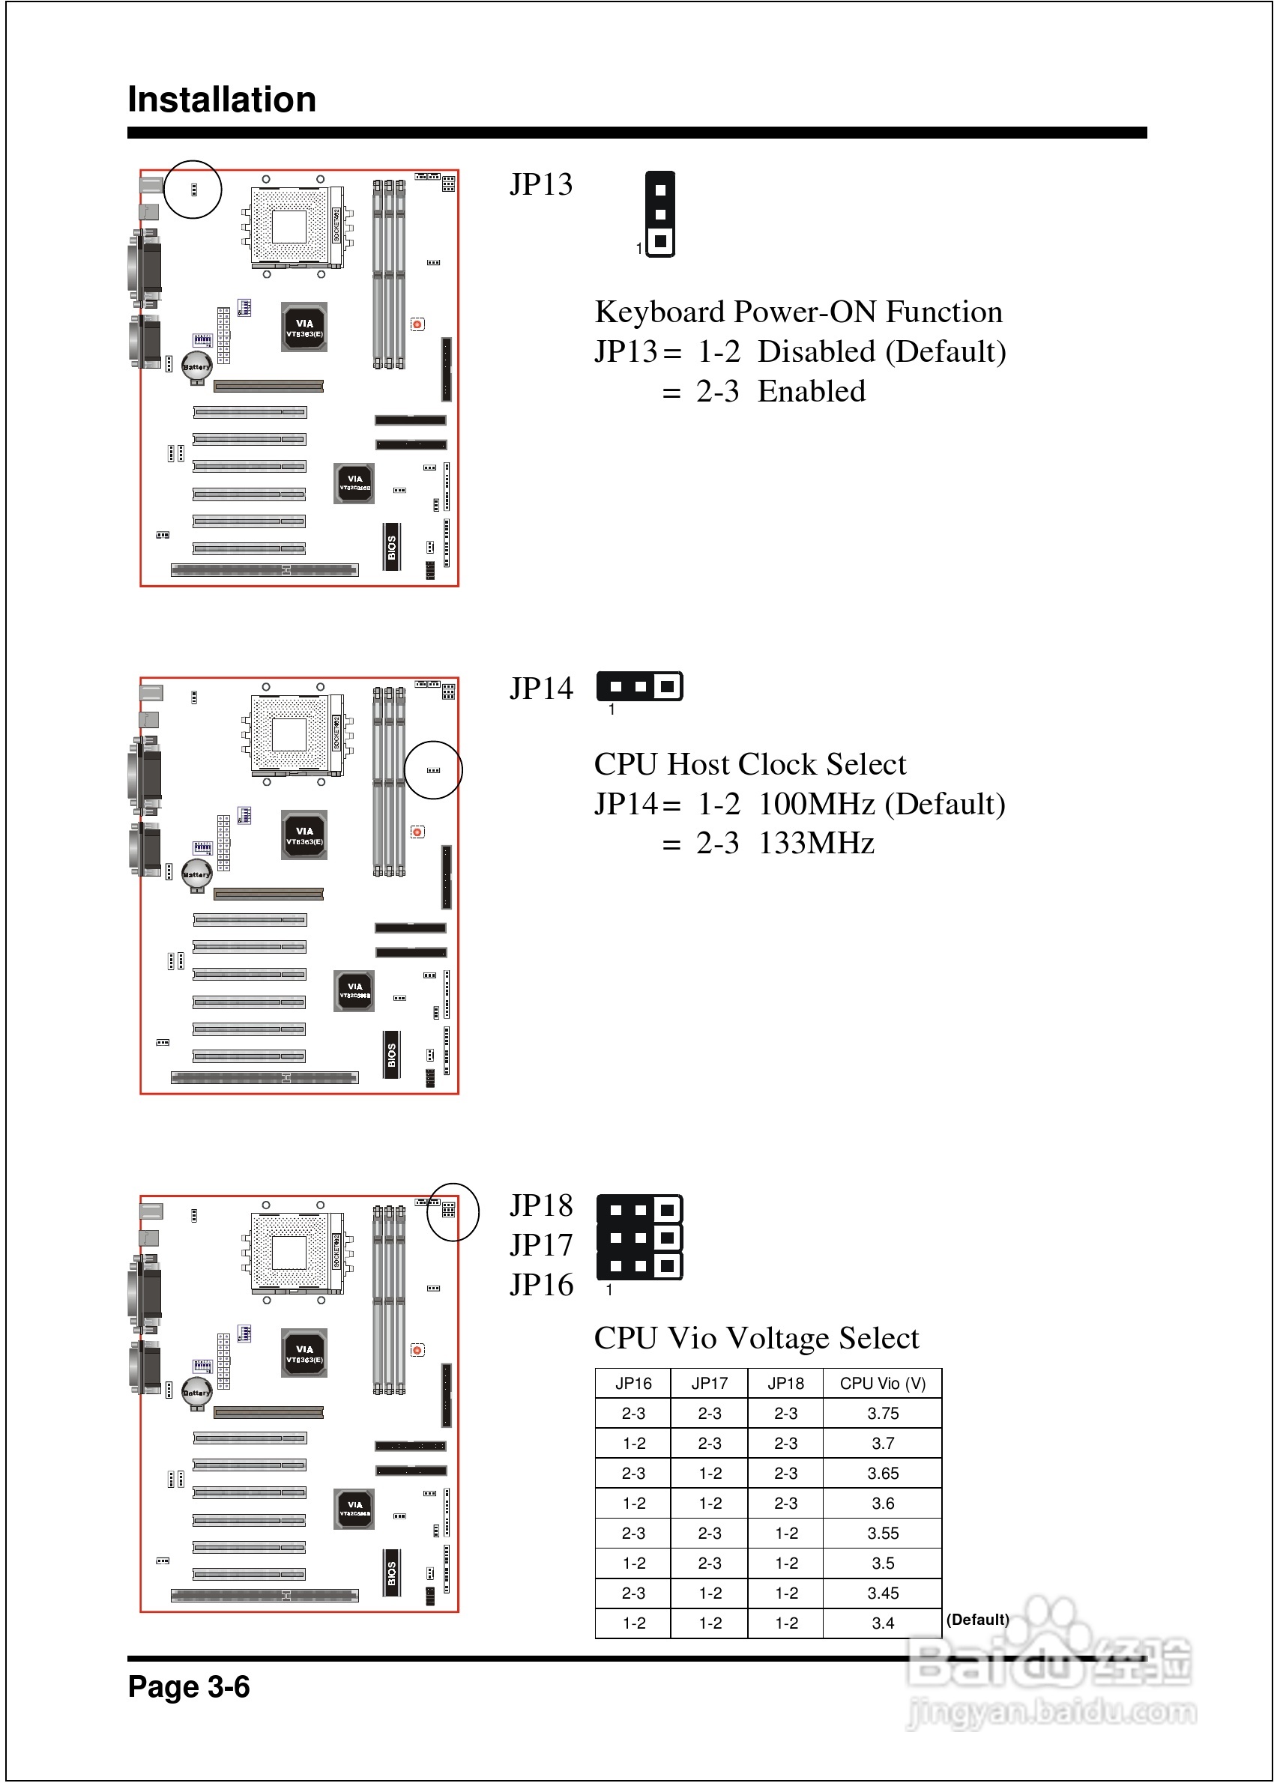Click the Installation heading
[x=221, y=100]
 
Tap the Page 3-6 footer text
[x=188, y=1686]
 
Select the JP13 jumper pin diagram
[x=659, y=215]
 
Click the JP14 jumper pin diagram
[x=639, y=687]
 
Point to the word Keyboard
[x=659, y=312]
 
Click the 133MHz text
[x=816, y=844]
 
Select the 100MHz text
[x=816, y=805]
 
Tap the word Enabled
[x=811, y=391]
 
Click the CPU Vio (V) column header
[x=882, y=1383]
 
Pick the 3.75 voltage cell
[x=883, y=1413]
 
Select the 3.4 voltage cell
[x=883, y=1623]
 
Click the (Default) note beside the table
[x=977, y=1619]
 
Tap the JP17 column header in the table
[x=709, y=1383]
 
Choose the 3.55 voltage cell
[x=883, y=1533]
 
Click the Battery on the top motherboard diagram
[x=196, y=367]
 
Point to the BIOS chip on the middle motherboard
[x=391, y=1055]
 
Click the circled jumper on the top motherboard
[x=194, y=190]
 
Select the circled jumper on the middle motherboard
[x=433, y=770]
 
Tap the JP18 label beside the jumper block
[x=541, y=1205]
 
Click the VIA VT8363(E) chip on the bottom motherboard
[x=304, y=1353]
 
